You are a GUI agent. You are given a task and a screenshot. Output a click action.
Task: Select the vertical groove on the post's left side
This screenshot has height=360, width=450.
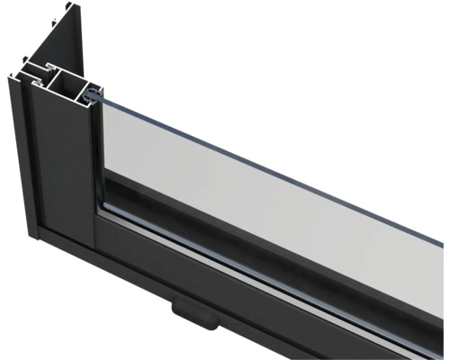[27, 153]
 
